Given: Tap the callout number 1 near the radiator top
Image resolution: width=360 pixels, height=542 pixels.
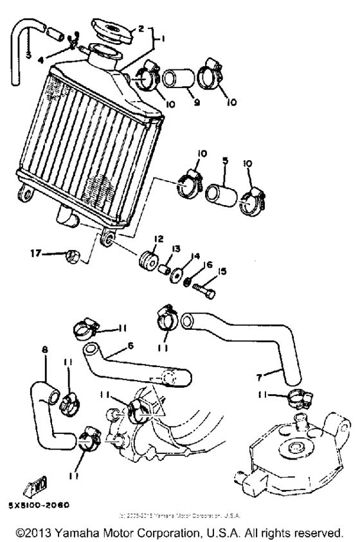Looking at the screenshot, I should [163, 39].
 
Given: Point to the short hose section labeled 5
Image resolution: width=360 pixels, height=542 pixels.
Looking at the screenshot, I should [219, 194].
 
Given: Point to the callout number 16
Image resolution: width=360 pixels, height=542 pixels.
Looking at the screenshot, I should [208, 264].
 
